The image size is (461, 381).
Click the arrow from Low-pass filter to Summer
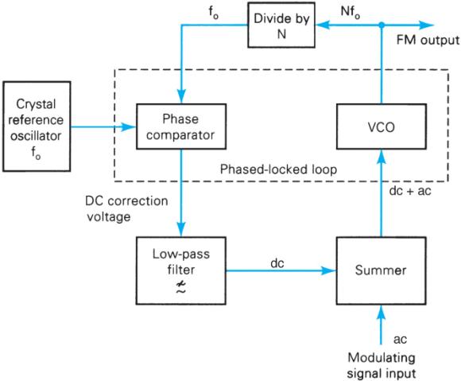279,270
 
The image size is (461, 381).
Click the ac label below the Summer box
389,339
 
